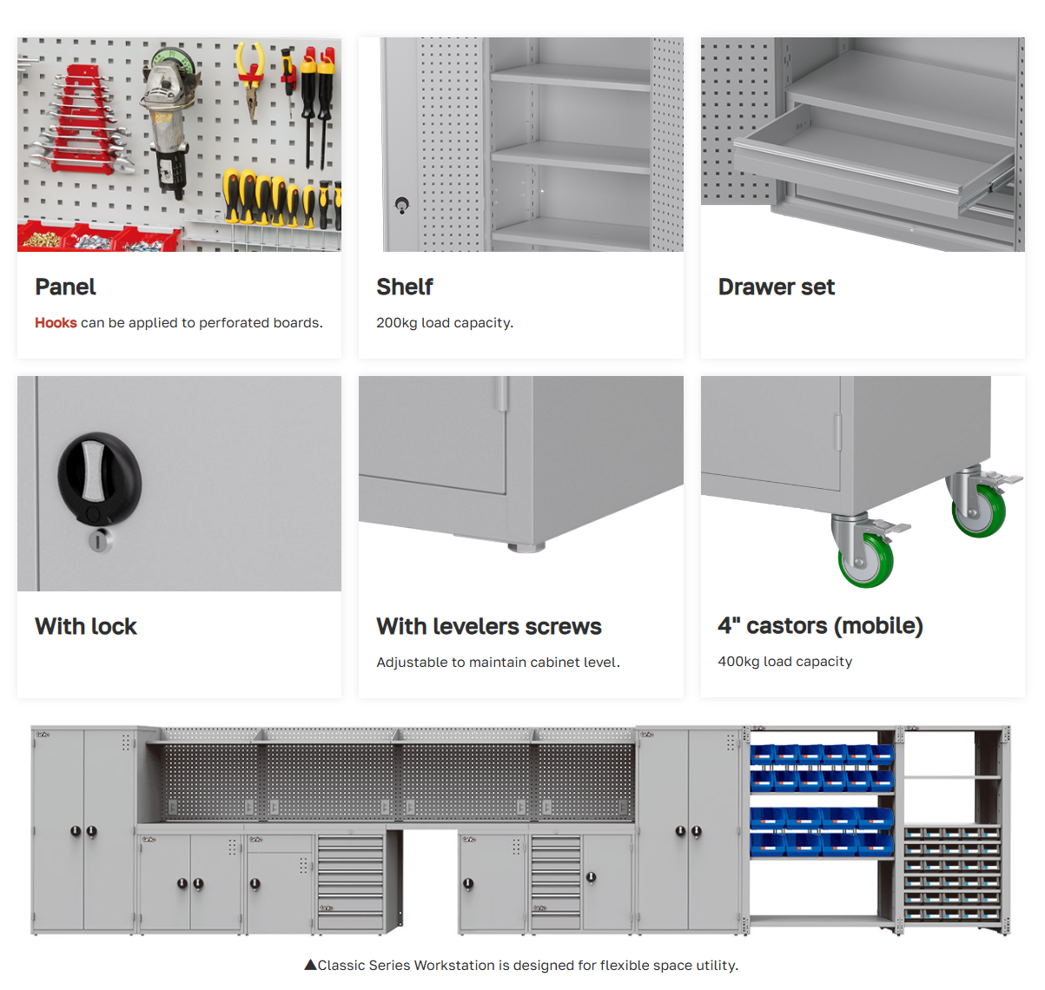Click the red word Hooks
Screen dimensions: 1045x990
pos(56,322)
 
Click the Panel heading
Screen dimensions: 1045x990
pos(65,287)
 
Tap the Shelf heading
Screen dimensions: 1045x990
pos(405,287)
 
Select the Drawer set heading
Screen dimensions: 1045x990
pos(776,287)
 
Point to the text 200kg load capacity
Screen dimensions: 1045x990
pos(445,323)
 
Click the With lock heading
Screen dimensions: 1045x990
pos(86,626)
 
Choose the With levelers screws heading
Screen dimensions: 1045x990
pos(489,626)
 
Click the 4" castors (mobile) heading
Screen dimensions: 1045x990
pos(820,625)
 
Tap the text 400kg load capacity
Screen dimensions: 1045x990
pos(785,662)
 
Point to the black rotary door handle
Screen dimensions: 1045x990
pos(99,478)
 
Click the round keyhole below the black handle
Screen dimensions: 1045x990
pos(99,541)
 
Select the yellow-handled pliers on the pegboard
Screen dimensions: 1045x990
pos(251,80)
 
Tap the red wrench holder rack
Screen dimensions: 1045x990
pos(80,120)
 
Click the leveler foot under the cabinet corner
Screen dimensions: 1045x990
pos(526,547)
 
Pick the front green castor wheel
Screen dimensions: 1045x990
pos(866,560)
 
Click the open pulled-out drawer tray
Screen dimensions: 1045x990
pos(873,161)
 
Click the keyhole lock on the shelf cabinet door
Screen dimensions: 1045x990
pos(402,204)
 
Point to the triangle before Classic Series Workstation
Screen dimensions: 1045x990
pos(310,965)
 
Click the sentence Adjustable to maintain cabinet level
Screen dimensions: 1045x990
pos(498,662)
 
